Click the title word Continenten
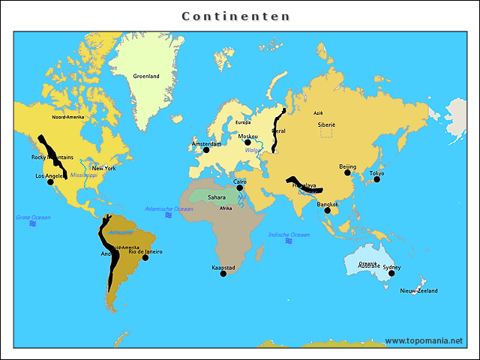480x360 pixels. coord(235,16)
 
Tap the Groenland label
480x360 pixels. coord(146,76)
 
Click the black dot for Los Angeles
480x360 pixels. coord(50,181)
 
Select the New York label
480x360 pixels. coord(104,168)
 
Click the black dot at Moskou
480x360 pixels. coord(247,142)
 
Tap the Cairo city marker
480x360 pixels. coord(240,187)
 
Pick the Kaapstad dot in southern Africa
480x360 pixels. coord(223,274)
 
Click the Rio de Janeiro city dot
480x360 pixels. coord(145,257)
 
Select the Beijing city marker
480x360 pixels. coord(347,172)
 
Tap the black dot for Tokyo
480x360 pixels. coord(376,178)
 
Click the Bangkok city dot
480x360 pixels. coord(327,211)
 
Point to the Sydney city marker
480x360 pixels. coord(391,273)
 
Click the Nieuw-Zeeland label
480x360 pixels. coord(418,290)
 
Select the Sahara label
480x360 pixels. coord(217,197)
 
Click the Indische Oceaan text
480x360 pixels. coord(289,235)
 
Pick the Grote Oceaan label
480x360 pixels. coord(33,217)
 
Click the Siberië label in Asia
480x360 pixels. coord(326,123)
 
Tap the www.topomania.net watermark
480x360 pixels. coord(424,340)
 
